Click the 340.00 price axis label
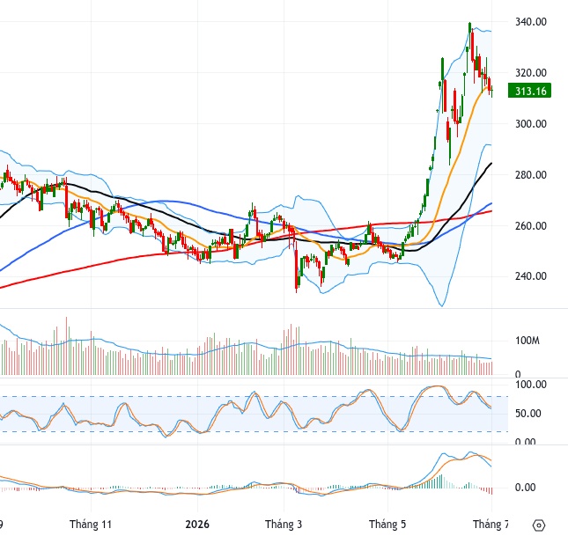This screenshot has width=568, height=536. (x=531, y=22)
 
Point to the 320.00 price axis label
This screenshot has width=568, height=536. (x=531, y=73)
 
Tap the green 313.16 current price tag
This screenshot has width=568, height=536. (x=529, y=91)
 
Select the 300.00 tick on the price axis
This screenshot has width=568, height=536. (x=531, y=124)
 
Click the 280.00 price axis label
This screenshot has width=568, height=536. (x=531, y=175)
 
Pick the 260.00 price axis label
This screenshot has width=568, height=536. (x=531, y=226)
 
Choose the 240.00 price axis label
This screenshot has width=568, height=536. (x=531, y=276)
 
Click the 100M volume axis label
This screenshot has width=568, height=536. (x=527, y=341)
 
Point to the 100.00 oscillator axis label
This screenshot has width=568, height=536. (x=531, y=385)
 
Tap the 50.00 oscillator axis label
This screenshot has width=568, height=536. (x=527, y=414)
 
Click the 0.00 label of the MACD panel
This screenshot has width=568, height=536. (x=525, y=488)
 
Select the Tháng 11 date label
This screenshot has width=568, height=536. (x=91, y=524)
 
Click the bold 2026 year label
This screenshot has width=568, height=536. (x=197, y=524)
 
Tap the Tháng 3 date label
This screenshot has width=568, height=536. (x=284, y=524)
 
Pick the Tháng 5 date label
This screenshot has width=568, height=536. (x=387, y=524)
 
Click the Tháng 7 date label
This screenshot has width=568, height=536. (x=491, y=524)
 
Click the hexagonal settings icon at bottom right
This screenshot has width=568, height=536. (x=539, y=525)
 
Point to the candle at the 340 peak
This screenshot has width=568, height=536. (x=470, y=27)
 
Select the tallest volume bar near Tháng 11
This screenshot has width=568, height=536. (x=66, y=346)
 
